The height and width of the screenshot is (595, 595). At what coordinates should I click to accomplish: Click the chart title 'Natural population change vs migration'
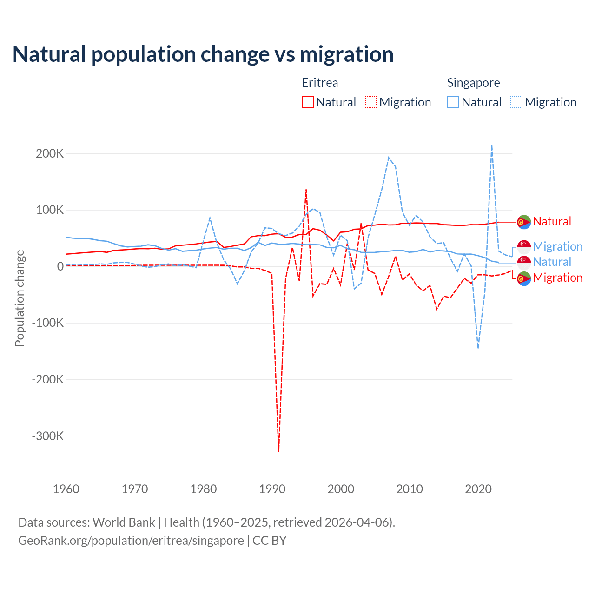tap(203, 54)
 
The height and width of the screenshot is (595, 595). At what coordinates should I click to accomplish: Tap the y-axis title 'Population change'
tap(20, 298)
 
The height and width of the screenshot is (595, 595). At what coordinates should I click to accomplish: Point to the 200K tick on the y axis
tap(50, 153)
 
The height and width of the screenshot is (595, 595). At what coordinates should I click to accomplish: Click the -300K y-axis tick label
tap(48, 436)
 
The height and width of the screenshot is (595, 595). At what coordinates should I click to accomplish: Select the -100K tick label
tap(48, 323)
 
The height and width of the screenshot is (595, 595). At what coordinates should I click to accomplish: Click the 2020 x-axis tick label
tap(478, 489)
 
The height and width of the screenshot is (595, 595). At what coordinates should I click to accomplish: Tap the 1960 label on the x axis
tap(66, 489)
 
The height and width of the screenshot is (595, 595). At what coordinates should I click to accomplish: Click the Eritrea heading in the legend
tap(320, 83)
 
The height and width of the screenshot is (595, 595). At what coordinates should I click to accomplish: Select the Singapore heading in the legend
tap(473, 83)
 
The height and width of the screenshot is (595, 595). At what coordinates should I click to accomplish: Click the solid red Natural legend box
tap(308, 102)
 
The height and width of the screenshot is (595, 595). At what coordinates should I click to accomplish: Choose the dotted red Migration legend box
tap(371, 102)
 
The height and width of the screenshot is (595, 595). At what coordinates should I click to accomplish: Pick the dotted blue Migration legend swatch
tap(516, 102)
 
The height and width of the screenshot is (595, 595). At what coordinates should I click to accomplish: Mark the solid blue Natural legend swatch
tap(453, 102)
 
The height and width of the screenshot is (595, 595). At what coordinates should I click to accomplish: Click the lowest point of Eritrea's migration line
tap(278, 451)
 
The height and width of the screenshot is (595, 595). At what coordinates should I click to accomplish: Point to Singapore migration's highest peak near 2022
tap(492, 146)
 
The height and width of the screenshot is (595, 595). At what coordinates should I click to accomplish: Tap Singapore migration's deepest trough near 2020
tap(478, 348)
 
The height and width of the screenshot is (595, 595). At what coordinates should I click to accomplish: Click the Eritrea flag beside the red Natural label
tap(524, 222)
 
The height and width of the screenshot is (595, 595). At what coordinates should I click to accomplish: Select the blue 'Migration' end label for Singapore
tap(557, 246)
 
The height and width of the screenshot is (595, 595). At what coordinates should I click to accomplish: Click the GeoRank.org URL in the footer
tap(131, 541)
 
